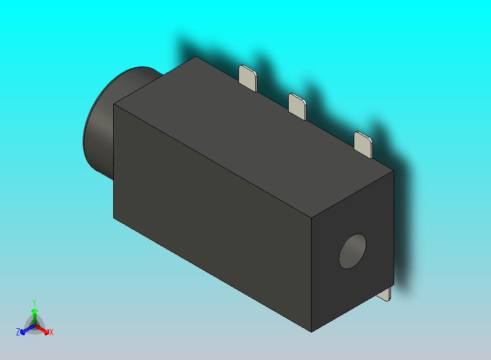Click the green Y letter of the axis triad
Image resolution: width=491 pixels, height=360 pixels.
(x=34, y=303)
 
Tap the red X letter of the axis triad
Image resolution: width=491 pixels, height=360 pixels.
(x=51, y=332)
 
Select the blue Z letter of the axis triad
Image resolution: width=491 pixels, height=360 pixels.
(x=18, y=332)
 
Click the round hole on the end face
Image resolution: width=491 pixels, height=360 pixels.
(x=353, y=252)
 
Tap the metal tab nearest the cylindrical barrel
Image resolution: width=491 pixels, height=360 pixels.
(x=248, y=78)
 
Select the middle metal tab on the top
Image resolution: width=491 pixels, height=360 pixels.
(x=297, y=105)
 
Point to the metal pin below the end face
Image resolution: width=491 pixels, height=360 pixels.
(x=385, y=294)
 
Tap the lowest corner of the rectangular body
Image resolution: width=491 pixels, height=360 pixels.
(x=312, y=332)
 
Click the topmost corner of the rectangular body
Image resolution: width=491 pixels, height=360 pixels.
(x=196, y=57)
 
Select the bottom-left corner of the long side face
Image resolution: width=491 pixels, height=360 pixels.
(x=114, y=218)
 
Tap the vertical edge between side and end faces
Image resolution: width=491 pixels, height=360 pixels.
(x=312, y=274)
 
